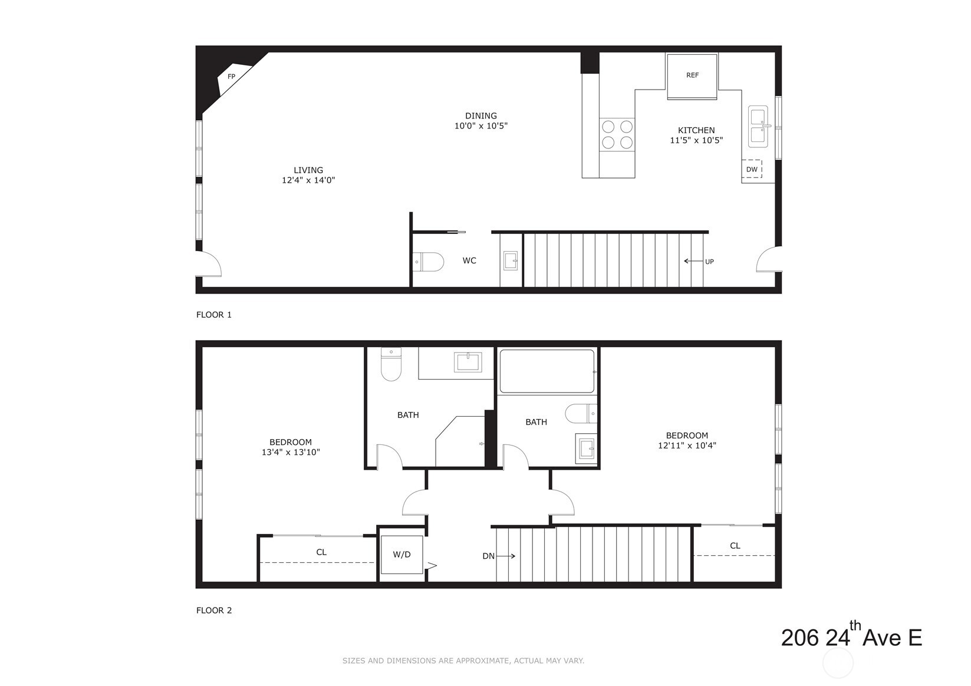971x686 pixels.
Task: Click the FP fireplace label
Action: click(231, 77)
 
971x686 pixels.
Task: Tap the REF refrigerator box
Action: click(692, 75)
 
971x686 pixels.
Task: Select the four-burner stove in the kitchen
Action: click(617, 134)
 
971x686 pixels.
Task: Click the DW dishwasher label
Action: click(752, 169)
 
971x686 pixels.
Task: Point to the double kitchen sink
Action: click(758, 126)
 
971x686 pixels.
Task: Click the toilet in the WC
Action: click(429, 262)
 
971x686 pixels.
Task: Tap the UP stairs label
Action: click(709, 262)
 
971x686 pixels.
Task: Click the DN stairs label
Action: click(488, 556)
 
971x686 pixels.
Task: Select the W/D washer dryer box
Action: click(401, 555)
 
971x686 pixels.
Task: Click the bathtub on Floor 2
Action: click(547, 371)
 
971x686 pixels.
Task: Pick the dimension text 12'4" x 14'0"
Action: click(308, 180)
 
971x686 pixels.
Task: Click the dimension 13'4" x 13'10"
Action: click(291, 453)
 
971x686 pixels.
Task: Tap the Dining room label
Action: click(480, 116)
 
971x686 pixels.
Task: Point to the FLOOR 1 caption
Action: click(214, 315)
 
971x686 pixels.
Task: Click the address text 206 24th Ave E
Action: click(851, 637)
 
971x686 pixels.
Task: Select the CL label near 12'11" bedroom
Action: click(735, 546)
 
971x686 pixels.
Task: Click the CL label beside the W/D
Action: click(321, 552)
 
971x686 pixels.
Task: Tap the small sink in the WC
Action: click(511, 260)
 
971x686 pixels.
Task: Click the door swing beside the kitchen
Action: click(769, 259)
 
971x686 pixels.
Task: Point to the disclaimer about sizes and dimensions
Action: click(463, 661)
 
